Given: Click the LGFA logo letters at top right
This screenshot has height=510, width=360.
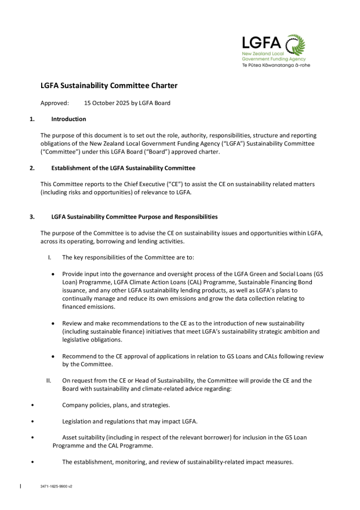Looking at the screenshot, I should pyautogui.click(x=261, y=43).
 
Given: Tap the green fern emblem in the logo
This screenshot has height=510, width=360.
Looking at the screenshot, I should pyautogui.click(x=293, y=45).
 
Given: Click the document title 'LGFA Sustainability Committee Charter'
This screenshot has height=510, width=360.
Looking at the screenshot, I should pyautogui.click(x=108, y=86).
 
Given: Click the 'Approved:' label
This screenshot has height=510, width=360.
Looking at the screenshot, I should pyautogui.click(x=54, y=103).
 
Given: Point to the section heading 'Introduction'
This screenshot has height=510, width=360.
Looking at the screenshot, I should pyautogui.click(x=68, y=119).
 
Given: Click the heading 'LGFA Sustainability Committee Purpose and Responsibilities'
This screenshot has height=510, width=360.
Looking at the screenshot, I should pyautogui.click(x=134, y=217).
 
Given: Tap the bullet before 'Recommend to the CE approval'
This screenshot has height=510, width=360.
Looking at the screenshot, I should pyautogui.click(x=54, y=356).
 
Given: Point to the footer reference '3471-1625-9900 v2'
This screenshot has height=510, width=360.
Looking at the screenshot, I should pyautogui.click(x=56, y=486).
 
